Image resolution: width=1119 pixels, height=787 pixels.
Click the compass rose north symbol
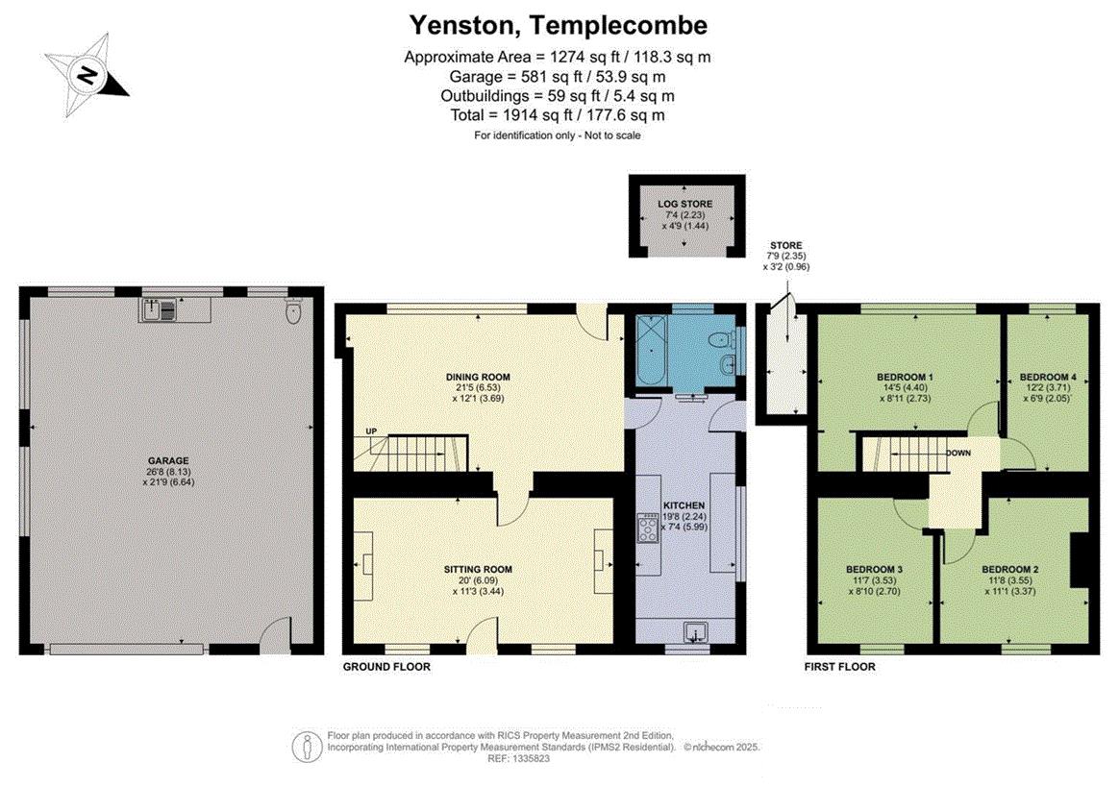[87, 74]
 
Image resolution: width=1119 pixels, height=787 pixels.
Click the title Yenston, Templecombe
[559, 26]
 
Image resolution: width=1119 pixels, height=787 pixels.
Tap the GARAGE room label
[168, 461]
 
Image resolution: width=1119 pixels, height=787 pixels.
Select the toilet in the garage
[292, 312]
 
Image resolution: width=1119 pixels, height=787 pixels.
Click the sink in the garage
[159, 309]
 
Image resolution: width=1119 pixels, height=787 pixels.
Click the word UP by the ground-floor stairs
[371, 431]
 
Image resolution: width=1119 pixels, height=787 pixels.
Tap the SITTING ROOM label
[478, 570]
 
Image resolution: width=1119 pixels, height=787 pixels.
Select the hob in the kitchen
[649, 529]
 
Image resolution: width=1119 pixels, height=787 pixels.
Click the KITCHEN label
[684, 505]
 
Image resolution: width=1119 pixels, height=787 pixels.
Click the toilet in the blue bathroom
[722, 338]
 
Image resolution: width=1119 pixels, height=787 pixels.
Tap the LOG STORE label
[685, 204]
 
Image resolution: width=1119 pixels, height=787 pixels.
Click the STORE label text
[785, 245]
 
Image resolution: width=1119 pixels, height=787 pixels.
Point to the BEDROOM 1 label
[905, 378]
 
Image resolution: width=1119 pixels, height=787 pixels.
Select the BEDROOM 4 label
[1049, 378]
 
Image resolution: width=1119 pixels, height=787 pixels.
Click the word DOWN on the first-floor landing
[958, 454]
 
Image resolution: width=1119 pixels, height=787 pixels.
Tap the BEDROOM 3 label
[874, 570]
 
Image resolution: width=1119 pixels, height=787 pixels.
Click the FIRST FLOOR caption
[840, 667]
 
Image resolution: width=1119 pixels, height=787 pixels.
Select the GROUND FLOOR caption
[386, 667]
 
